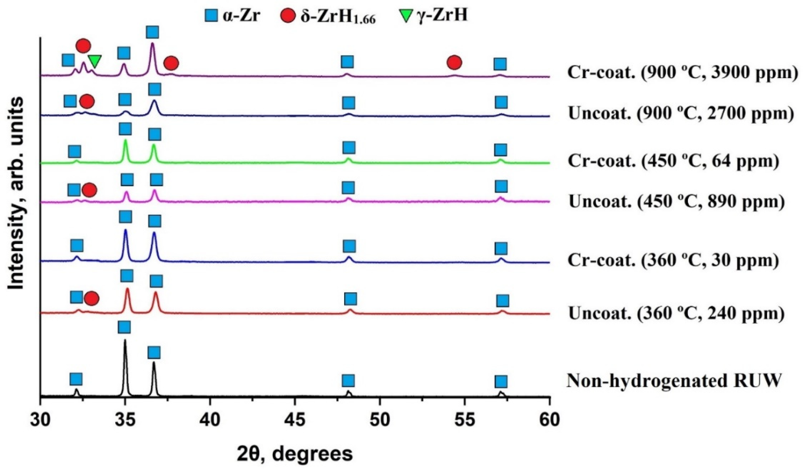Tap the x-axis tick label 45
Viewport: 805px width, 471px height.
[295, 420]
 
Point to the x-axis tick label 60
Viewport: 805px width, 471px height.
[549, 420]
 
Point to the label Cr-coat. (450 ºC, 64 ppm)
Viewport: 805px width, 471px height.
[673, 161]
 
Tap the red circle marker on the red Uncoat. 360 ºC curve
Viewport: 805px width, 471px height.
[92, 299]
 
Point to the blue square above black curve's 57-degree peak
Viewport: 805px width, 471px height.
[501, 381]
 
